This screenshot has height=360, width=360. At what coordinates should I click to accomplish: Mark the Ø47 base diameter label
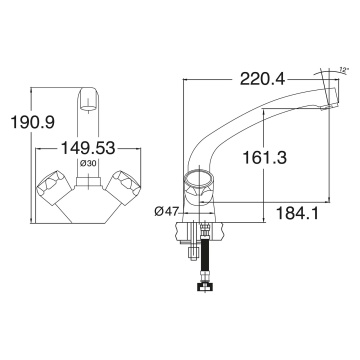coord(166,212)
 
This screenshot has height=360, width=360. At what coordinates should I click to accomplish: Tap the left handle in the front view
coord(53,186)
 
